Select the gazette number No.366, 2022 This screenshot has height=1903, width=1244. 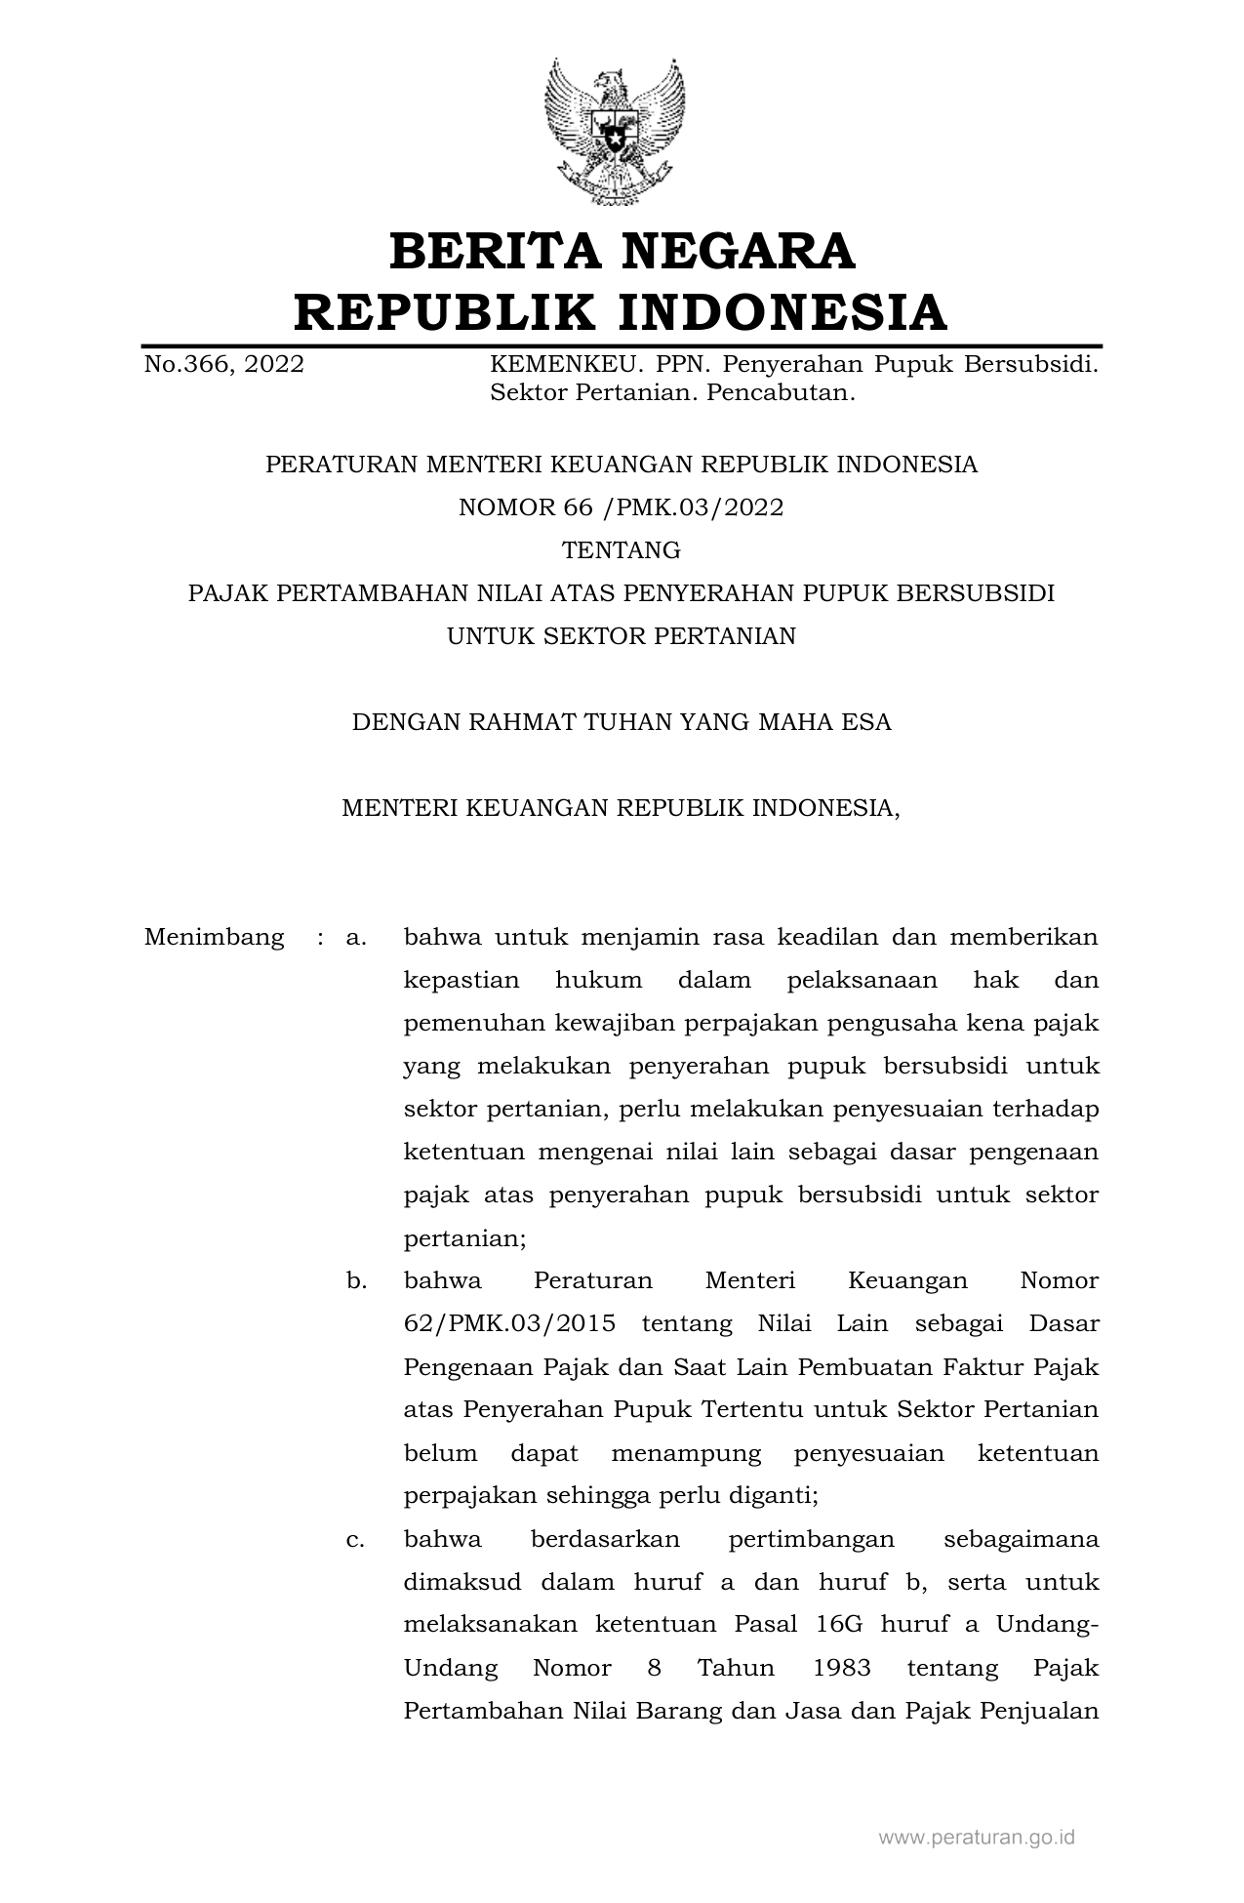point(224,365)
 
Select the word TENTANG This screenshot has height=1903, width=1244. point(622,550)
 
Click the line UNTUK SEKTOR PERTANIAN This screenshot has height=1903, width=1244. point(622,636)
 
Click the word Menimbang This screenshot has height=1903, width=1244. point(215,938)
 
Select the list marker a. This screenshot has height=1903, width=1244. point(356,938)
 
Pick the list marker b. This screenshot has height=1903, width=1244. point(356,1280)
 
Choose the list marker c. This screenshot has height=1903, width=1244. point(356,1539)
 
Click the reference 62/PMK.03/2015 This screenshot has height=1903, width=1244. point(509,1324)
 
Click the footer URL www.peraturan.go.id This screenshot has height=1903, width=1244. point(977,1838)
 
